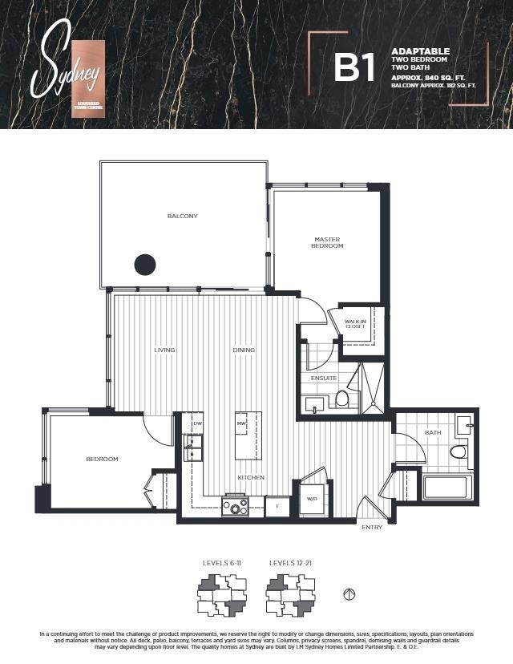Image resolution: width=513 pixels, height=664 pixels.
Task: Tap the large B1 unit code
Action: (354, 69)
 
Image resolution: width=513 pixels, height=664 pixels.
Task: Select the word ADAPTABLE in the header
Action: (420, 51)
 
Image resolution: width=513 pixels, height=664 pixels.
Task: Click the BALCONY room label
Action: (182, 216)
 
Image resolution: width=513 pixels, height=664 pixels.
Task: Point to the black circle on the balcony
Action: (144, 264)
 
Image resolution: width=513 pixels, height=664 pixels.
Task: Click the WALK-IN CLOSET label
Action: (354, 323)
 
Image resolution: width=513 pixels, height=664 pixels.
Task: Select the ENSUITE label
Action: (324, 378)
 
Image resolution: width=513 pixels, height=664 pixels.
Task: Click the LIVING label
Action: (164, 350)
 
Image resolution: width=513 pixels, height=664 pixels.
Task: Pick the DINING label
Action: (244, 350)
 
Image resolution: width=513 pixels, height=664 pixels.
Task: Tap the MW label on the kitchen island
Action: (240, 423)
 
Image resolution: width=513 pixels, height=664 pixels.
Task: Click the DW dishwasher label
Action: (197, 423)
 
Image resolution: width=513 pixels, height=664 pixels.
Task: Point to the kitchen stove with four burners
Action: (236, 506)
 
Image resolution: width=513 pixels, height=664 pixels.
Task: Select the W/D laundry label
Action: (312, 499)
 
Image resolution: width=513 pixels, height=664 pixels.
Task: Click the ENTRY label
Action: (372, 527)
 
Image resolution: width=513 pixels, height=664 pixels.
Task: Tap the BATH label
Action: (433, 433)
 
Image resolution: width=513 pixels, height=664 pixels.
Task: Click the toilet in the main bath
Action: (458, 453)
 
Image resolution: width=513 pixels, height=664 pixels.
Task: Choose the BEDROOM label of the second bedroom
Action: (102, 459)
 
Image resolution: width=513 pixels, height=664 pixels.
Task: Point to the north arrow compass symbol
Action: (348, 594)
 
